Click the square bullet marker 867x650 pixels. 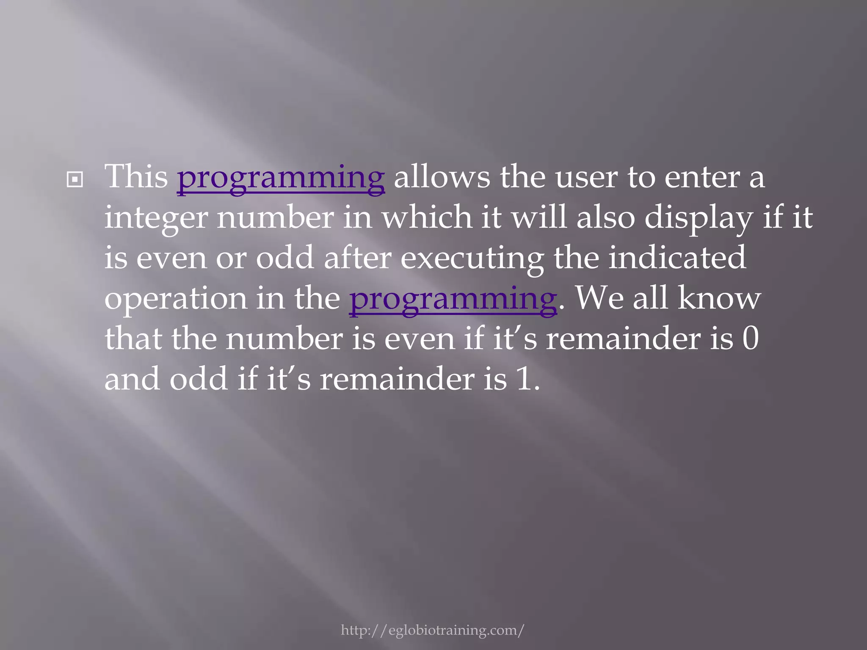tap(75, 180)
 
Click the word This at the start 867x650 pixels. tap(136, 176)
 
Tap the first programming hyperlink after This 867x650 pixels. tap(281, 178)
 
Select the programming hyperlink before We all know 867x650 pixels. tap(453, 300)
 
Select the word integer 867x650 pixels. tap(156, 218)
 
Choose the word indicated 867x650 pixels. tap(677, 258)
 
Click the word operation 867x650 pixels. tap(175, 300)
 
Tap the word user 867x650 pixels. tap(586, 177)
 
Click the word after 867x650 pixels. tap(357, 258)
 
